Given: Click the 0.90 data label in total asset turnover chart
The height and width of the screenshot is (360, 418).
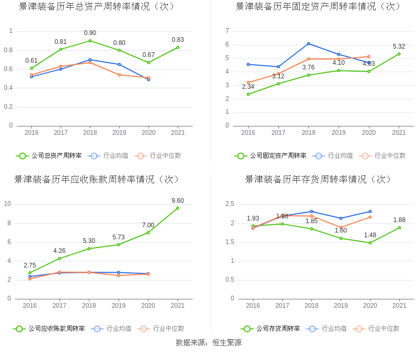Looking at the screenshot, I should pos(90,33).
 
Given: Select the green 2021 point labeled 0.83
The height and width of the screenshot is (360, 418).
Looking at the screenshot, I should pos(178,48).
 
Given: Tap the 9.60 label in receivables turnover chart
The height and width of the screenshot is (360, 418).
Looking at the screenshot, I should pos(178,201).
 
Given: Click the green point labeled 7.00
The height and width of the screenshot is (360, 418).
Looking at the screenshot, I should pos(148,233).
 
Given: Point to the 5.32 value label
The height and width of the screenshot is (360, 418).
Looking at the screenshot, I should pos(399,47).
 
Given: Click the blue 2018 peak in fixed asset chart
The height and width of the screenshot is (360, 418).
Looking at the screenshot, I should pos(308,43).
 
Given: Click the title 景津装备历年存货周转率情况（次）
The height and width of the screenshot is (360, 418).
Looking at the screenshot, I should pos(318,179).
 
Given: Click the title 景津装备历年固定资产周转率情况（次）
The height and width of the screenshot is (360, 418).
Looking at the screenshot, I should pos(318,7).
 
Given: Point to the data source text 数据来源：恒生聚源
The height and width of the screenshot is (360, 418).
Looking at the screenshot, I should pos(208,343).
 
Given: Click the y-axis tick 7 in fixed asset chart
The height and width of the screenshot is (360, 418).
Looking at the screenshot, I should pos(227,31).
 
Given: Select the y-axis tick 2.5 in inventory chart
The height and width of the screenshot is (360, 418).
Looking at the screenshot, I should pos(229,204).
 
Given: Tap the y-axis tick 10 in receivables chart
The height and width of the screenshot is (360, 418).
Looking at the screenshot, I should pos(8,204).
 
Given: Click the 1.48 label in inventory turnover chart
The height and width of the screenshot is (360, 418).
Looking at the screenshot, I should pos(370,235).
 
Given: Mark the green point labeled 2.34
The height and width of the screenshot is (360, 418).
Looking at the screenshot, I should pos(248,94).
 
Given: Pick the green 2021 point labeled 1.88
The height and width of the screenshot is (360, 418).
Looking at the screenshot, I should pos(399,228).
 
